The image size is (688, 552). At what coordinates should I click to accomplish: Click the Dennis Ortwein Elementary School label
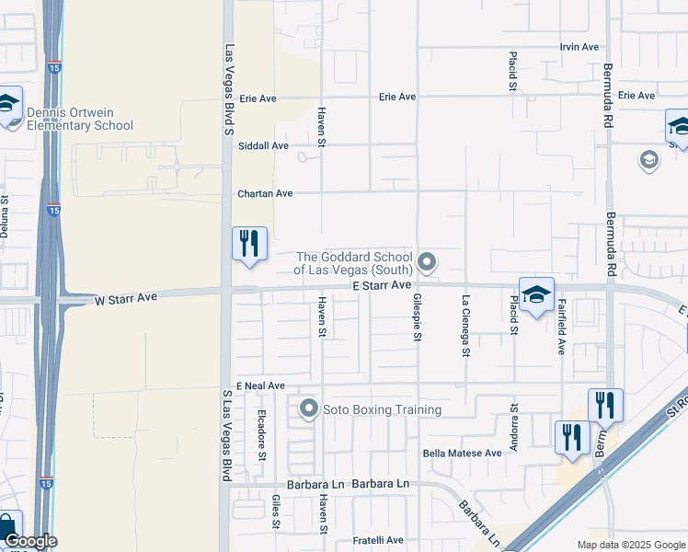click(80, 120)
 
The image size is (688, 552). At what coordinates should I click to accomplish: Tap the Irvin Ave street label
click(579, 47)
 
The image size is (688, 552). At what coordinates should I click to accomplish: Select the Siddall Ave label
click(263, 145)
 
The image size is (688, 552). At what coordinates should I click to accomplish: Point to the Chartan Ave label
click(265, 194)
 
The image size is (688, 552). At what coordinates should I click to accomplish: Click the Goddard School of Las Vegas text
click(353, 263)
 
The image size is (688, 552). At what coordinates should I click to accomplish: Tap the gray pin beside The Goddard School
click(427, 263)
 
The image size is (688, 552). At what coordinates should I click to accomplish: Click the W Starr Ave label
click(126, 299)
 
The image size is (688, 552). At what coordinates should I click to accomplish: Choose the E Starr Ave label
click(381, 286)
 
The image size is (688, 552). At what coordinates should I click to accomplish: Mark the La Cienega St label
click(466, 325)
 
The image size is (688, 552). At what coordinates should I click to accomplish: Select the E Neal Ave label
click(260, 386)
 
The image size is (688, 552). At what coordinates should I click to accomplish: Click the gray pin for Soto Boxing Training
click(308, 408)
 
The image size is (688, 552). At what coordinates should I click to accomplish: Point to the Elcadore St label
click(262, 434)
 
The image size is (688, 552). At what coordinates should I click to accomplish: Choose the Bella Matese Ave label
click(462, 454)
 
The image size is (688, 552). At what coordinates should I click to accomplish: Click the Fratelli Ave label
click(381, 540)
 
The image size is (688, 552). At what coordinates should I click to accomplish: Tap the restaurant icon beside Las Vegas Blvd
click(249, 244)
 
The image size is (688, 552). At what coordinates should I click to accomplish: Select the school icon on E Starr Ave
click(536, 294)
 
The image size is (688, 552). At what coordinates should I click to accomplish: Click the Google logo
click(29, 541)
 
